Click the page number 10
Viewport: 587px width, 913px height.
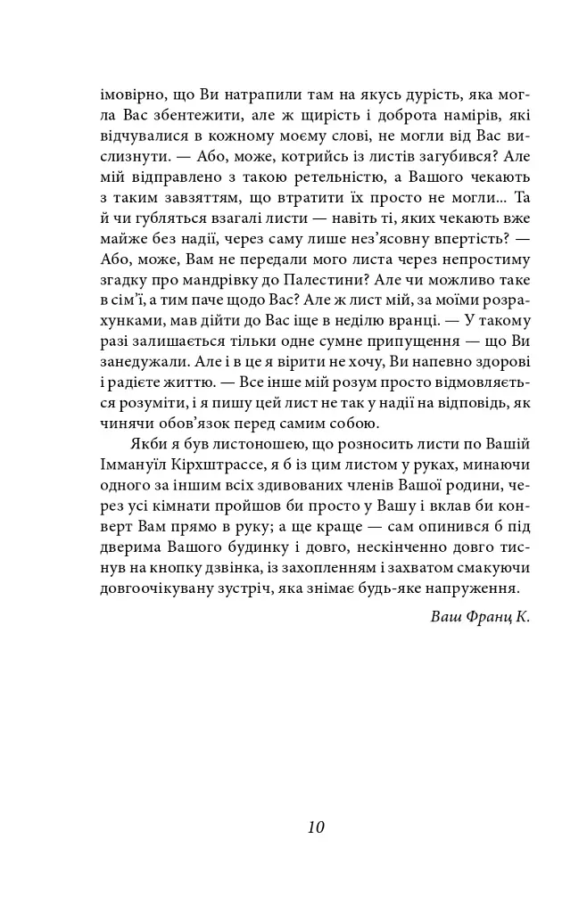coord(315,827)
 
